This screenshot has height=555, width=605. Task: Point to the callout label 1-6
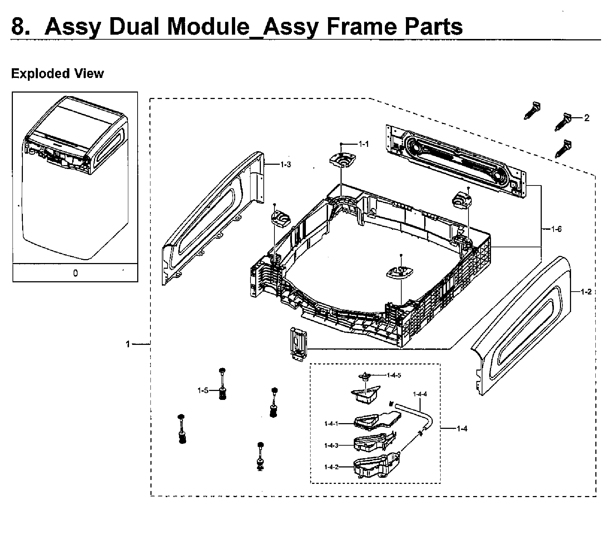click(x=556, y=229)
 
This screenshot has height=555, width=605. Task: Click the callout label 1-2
click(x=586, y=292)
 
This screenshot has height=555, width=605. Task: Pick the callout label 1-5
click(x=203, y=391)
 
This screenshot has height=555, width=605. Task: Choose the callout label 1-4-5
click(x=394, y=375)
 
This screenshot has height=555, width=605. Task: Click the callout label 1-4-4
click(x=420, y=394)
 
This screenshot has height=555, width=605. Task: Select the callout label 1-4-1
click(x=331, y=423)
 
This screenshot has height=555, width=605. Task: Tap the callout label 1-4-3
click(x=331, y=445)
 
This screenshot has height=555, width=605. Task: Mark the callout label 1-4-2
click(x=331, y=467)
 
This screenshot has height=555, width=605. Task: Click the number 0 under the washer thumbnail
click(x=75, y=273)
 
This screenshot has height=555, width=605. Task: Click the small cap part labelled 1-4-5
click(x=364, y=376)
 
